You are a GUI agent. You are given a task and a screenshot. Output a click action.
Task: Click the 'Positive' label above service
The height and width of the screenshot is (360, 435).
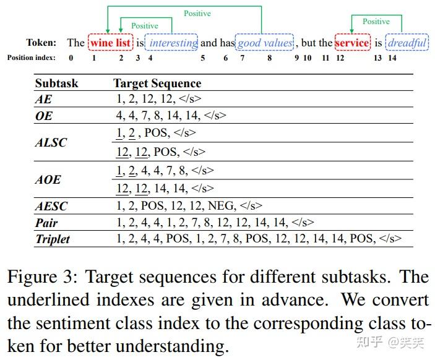click(376, 22)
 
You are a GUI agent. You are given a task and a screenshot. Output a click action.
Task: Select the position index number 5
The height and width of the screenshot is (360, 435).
click(203, 58)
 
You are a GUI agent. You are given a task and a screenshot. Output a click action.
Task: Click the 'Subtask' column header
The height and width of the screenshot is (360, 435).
click(56, 83)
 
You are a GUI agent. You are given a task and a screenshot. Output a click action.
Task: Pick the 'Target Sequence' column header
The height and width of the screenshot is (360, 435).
click(157, 84)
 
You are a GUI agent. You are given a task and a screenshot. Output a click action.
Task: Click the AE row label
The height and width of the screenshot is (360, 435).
click(43, 99)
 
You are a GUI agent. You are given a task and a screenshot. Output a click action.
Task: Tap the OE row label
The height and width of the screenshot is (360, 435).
click(44, 116)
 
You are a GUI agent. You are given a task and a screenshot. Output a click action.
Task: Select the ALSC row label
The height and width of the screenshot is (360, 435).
click(51, 142)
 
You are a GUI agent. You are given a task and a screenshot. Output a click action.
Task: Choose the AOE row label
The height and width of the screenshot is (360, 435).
click(48, 179)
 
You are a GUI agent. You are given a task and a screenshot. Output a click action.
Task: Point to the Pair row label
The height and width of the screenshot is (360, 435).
click(46, 223)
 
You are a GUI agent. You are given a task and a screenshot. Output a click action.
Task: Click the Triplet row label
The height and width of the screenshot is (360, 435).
click(53, 239)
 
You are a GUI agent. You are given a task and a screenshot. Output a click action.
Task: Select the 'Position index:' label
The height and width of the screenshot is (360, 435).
click(32, 58)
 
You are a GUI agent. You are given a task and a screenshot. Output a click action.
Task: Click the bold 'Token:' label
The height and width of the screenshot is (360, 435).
click(41, 43)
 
